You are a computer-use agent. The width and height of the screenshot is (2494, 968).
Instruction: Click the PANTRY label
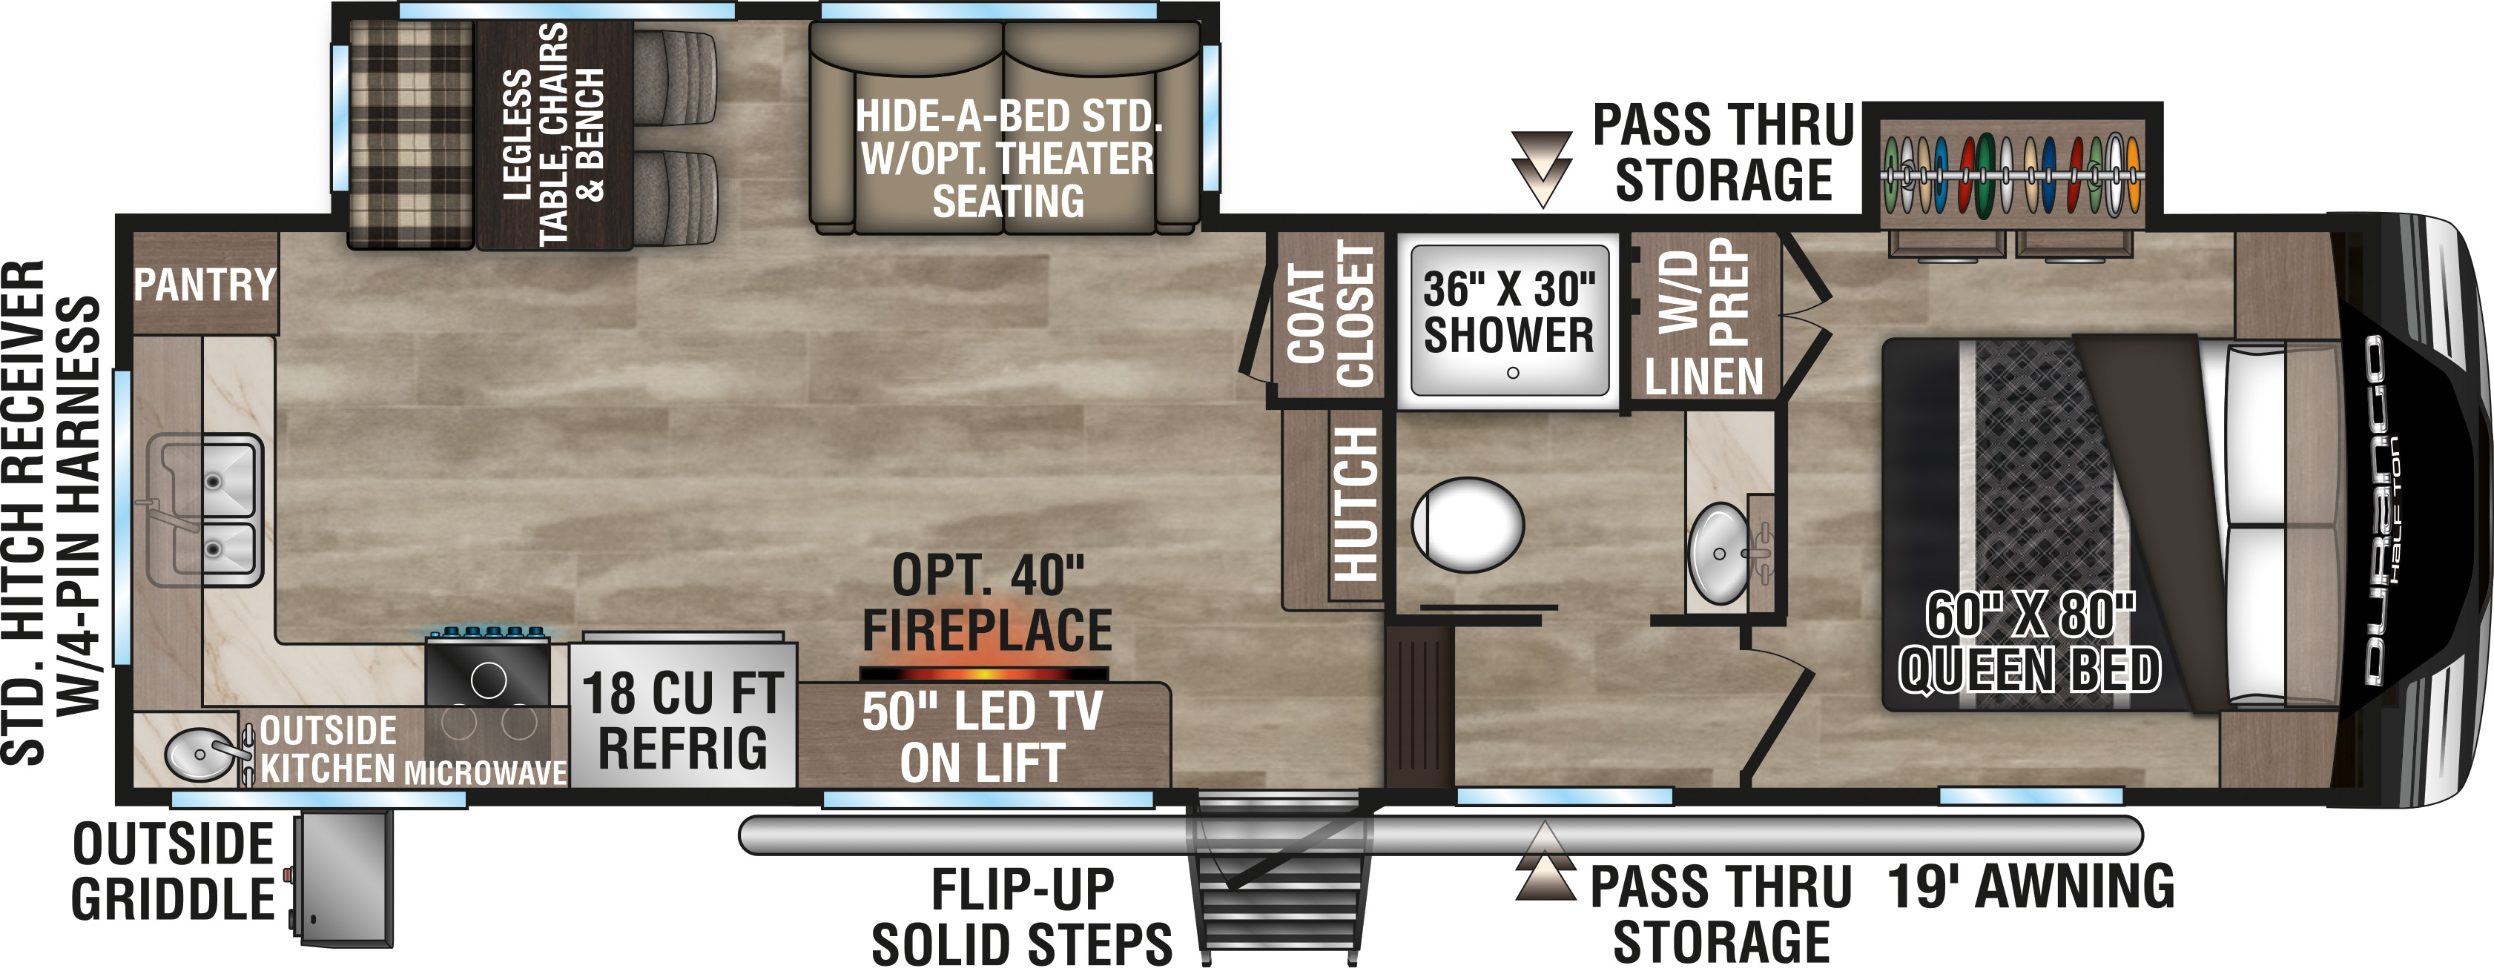(x=205, y=285)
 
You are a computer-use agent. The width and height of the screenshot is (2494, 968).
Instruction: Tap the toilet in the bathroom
(x=1467, y=525)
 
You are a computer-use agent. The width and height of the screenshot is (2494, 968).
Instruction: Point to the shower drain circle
(x=1512, y=373)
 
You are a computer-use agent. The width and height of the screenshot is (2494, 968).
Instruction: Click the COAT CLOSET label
(x=1330, y=314)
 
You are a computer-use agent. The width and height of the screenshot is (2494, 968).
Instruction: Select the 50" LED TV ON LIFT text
(x=983, y=737)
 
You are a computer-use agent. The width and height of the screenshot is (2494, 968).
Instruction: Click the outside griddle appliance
(x=343, y=879)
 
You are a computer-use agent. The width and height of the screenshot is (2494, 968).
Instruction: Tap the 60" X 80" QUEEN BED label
(x=2029, y=643)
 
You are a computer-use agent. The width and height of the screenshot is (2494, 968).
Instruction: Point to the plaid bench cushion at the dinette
(x=411, y=133)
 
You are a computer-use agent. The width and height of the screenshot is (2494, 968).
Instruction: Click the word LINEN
(x=1704, y=377)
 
